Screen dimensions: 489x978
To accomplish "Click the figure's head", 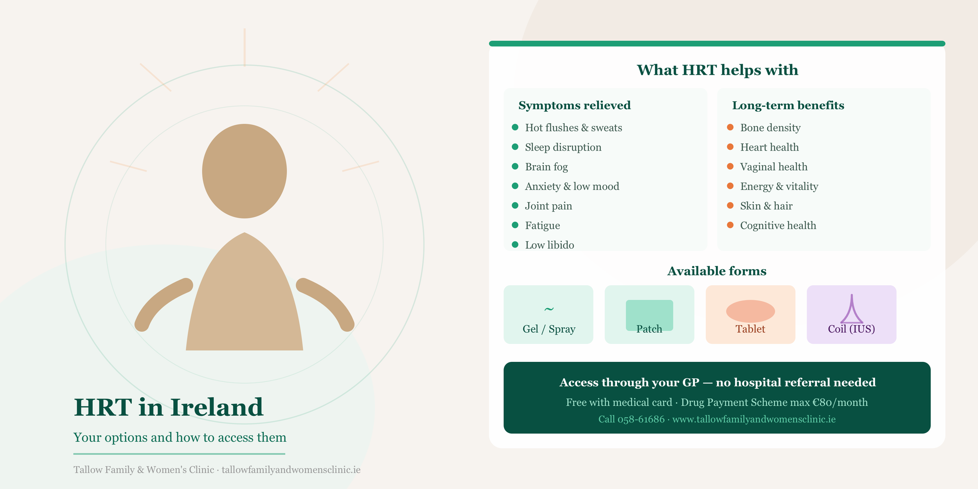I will tap(244, 171).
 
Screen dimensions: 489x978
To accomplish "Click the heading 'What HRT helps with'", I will tap(717, 70).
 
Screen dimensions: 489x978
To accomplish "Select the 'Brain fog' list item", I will tap(546, 167).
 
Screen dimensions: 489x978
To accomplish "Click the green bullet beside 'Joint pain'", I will tap(515, 205).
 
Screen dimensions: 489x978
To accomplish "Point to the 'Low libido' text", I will tap(549, 245).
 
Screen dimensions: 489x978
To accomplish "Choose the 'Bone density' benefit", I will tap(770, 128).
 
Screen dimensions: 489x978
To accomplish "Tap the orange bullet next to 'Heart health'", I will tap(730, 147).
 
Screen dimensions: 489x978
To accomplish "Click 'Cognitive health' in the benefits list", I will tap(778, 226).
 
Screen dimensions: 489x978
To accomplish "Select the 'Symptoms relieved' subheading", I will tap(574, 106).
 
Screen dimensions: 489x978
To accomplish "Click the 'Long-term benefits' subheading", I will tap(788, 106).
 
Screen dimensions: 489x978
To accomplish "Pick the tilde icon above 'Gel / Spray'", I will tap(549, 309).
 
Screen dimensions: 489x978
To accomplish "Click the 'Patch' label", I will tap(649, 329).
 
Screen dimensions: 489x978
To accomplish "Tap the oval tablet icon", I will tap(750, 311).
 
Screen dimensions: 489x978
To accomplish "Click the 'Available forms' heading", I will tap(717, 271).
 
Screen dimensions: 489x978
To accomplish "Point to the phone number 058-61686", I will tap(641, 419).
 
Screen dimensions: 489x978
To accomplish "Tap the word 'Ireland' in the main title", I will tap(217, 407).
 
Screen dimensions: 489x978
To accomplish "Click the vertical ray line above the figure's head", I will tap(244, 47).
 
